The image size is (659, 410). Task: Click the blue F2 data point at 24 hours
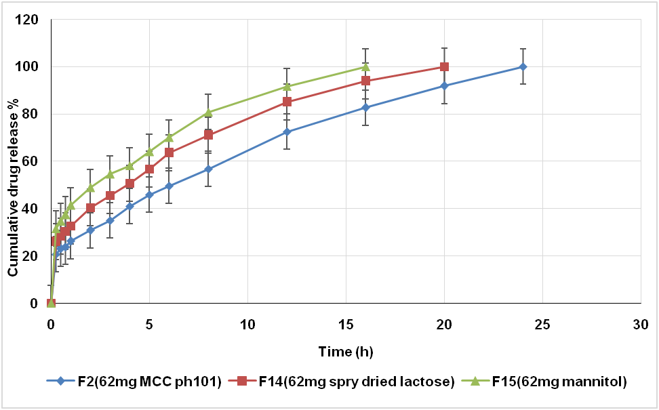coord(523,66)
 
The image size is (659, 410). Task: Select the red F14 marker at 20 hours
coord(444,66)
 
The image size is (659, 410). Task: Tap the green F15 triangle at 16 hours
coord(365,66)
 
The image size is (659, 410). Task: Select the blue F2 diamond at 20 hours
coord(444,86)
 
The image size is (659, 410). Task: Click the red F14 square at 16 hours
coord(365,81)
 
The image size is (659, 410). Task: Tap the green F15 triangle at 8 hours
coord(208,112)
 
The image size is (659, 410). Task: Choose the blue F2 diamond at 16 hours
coord(365,107)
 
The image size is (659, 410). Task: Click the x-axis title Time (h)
coord(346,352)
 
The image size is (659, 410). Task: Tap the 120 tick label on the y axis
coord(31,20)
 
